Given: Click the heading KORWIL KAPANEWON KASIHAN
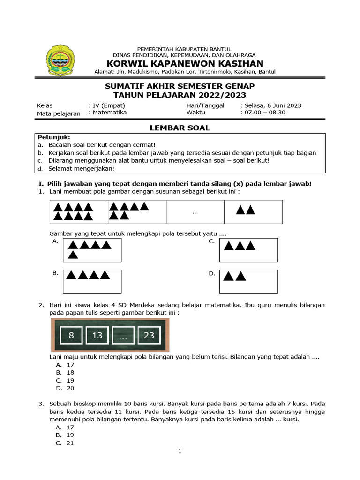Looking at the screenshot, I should pos(185,63).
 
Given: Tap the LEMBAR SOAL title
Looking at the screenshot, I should pos(180,127).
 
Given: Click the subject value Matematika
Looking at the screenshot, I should pos(109,112).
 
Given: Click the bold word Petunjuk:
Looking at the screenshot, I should pos(53,137).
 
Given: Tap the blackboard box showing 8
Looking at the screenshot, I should pos(71,336).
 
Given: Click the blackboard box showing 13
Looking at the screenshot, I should pos(97,336).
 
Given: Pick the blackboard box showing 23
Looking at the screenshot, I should pos(149,336).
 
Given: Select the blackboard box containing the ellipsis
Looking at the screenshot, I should pos(123,336).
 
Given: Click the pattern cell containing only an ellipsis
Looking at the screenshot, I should pos(195,212).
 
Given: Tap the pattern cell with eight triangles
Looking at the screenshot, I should pos(79,212).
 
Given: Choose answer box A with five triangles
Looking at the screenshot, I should pos(92,249).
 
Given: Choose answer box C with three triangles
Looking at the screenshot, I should pos(248,249).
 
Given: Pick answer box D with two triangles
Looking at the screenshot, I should pos(248,281).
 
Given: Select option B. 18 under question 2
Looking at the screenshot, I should pos(65,373).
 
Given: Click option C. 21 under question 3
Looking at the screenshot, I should pos(65,443).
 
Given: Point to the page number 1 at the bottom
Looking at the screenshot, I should pos(180,451).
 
